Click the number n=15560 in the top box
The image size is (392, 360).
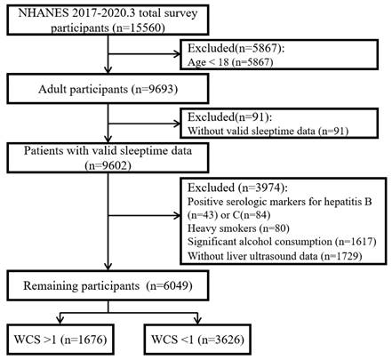pos(138,28)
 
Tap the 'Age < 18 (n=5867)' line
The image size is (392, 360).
pos(230,62)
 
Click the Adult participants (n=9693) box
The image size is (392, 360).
pos(108,89)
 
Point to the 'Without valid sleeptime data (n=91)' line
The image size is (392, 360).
pos(268,131)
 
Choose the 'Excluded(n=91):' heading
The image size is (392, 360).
pos(229,117)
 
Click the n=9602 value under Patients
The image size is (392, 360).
pos(108,165)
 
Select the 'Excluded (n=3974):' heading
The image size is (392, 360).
pos(237,188)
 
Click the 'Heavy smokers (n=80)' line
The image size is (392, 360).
pos(238,228)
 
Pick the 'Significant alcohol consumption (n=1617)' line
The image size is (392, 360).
pos(282,242)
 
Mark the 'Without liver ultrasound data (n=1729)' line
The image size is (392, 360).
pos(275,256)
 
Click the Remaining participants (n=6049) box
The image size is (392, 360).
pos(108,285)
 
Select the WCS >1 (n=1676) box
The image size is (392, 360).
pos(60,340)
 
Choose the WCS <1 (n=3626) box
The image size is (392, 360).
pos(197,340)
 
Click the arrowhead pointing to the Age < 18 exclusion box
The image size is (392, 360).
pos(177,54)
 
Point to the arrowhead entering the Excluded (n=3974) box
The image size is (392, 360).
pos(177,216)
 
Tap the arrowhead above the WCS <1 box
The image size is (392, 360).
pos(197,320)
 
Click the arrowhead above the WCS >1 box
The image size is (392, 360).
pos(60,320)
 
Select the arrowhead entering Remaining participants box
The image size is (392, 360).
pos(108,267)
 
